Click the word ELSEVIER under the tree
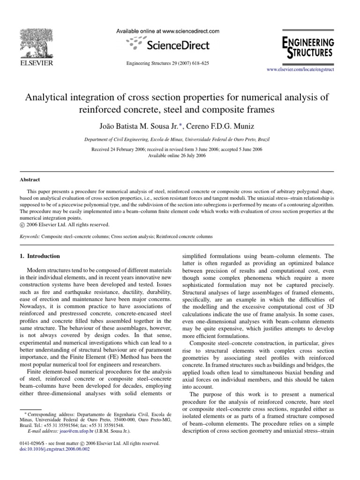click(x=36, y=63)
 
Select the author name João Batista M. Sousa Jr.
click(x=140, y=127)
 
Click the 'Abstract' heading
click(x=30, y=180)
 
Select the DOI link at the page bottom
click(x=52, y=449)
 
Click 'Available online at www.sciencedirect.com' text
click(x=167, y=31)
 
